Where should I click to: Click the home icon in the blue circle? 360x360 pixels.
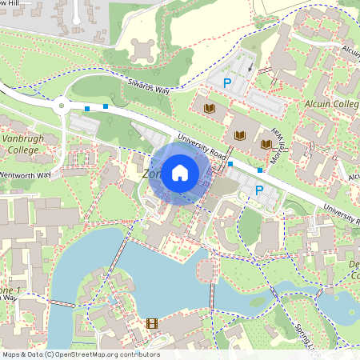coord(180,172)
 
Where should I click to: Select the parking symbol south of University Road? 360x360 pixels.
coord(258,190)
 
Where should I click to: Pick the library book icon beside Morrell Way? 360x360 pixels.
coord(266,145)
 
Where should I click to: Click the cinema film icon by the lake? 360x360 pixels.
coord(152,324)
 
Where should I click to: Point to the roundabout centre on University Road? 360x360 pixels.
coord(60,104)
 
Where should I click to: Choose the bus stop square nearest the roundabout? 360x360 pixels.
coord(86,108)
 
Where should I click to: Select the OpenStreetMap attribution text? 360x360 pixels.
coord(80,354)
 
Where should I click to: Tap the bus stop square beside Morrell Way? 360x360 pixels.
coord(260,170)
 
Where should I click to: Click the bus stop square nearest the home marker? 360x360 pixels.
coord(230,163)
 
